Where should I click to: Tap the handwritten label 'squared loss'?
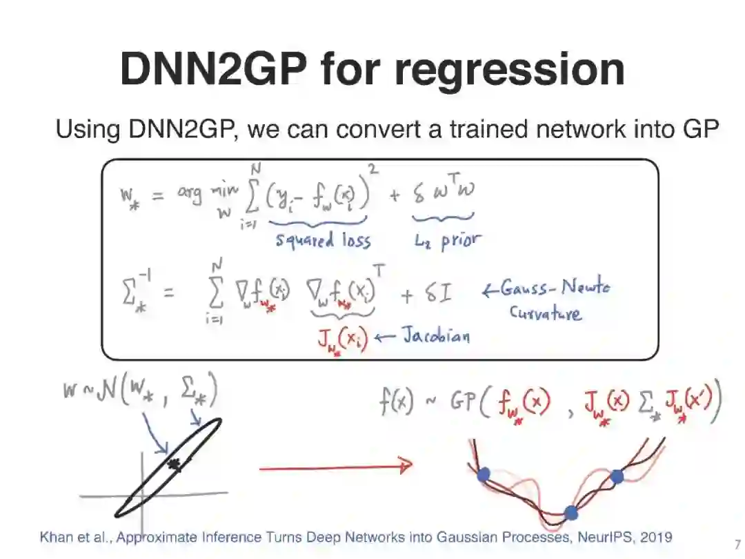pyautogui.click(x=324, y=240)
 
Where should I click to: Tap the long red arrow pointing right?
pyautogui.click(x=335, y=467)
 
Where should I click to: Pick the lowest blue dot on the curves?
pyautogui.click(x=570, y=513)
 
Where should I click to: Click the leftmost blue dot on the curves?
pyautogui.click(x=484, y=473)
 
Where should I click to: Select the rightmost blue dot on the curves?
pyautogui.click(x=617, y=476)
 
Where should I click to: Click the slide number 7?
pyautogui.click(x=737, y=543)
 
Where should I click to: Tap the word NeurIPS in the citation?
pyautogui.click(x=597, y=537)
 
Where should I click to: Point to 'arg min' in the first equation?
pyautogui.click(x=197, y=195)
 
